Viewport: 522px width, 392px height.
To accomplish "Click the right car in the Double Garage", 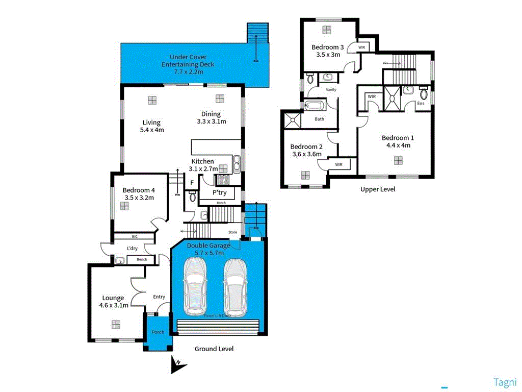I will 235,286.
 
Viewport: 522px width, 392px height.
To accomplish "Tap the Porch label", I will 158,332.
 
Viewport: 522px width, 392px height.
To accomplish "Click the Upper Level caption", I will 378,189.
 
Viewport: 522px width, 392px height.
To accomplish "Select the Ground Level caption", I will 214,349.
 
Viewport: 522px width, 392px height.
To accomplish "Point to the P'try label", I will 220,192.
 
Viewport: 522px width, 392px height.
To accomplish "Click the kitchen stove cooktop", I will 223,179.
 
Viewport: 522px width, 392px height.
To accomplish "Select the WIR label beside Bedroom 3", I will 361,47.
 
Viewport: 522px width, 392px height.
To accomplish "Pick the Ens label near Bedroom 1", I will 421,104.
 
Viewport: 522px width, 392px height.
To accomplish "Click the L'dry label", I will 132,249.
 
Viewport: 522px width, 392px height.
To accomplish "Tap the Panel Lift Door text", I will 217,316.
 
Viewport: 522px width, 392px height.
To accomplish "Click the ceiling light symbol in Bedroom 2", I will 305,175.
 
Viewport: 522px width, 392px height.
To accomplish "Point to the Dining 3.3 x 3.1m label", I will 211,117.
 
